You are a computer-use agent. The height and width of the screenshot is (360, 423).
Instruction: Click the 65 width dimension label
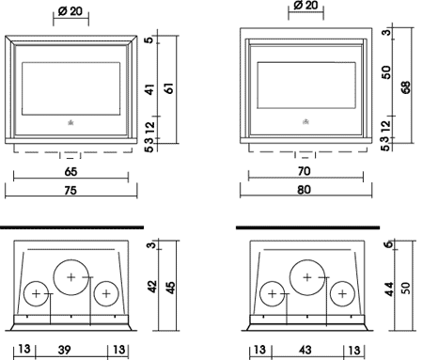(70, 172)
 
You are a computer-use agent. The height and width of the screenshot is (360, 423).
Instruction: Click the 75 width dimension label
(70, 190)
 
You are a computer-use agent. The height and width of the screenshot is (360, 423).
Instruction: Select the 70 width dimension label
(305, 171)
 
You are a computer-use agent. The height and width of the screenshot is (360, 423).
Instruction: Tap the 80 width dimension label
(304, 190)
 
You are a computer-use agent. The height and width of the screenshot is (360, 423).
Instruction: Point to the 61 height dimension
(169, 88)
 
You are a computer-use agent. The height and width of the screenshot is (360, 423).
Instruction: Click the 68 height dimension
(405, 87)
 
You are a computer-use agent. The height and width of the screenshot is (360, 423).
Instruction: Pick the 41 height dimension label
(150, 89)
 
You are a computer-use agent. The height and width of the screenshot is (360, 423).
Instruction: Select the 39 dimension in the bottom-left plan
(64, 350)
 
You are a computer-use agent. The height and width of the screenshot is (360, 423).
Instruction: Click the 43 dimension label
(305, 350)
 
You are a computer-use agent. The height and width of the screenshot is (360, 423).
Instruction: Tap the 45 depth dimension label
(171, 288)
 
